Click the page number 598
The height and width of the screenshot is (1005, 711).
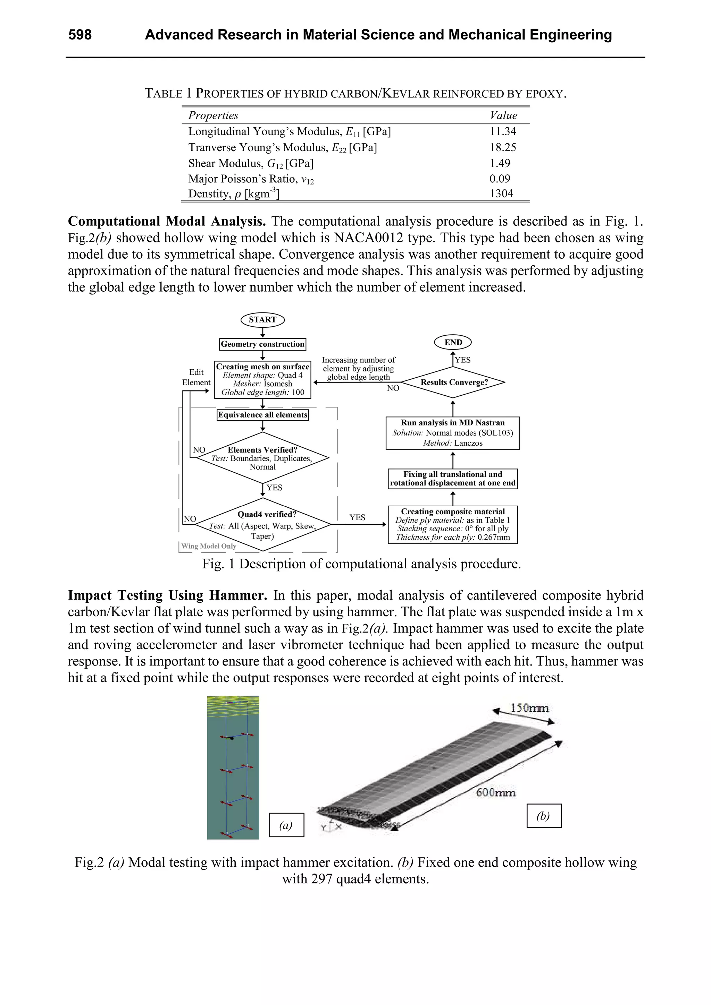pos(80,35)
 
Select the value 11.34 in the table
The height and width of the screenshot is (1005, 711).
pos(502,131)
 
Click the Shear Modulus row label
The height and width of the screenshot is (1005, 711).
pos(251,163)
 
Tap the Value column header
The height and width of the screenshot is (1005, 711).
pos(503,115)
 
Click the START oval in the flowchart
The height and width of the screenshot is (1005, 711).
pos(262,319)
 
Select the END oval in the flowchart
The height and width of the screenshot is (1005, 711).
pos(453,342)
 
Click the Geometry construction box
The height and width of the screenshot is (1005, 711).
pos(262,344)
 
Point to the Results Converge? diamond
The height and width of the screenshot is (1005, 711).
pos(453,382)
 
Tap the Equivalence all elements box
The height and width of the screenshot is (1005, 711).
pos(262,414)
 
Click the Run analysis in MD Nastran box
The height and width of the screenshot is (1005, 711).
pos(453,433)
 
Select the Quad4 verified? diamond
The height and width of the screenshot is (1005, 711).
pos(262,524)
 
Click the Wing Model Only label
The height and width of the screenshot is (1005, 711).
pos(209,546)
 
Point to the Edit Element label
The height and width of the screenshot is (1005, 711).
pos(196,377)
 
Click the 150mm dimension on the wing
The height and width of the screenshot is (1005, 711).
pos(529,708)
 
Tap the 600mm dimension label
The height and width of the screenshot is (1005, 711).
pos(495,792)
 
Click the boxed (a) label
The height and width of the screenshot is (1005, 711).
pos(286,825)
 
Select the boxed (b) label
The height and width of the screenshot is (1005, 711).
pos(543,816)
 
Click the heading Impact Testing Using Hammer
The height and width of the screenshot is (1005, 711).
pos(167,595)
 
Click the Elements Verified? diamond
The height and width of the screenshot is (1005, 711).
pos(262,457)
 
